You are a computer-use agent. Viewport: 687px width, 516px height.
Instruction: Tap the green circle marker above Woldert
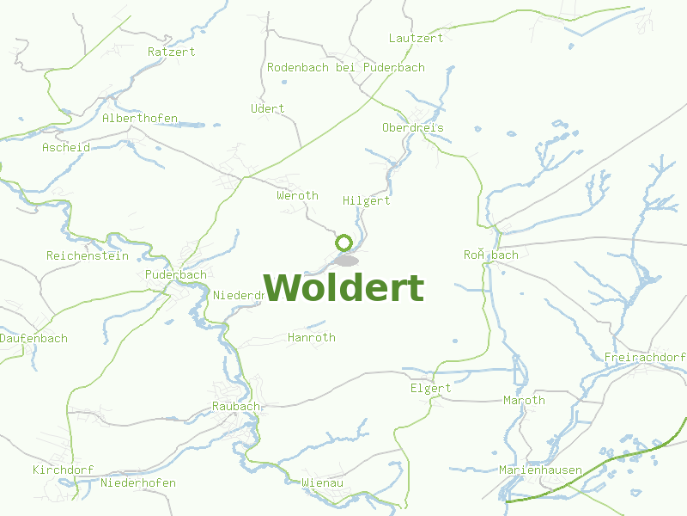pyautogui.click(x=344, y=243)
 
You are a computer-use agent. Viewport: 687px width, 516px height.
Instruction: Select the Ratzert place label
pyautogui.click(x=171, y=52)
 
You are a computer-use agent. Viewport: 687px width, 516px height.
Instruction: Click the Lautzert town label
pyautogui.click(x=416, y=38)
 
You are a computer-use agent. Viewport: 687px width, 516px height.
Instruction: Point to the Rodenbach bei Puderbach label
pyautogui.click(x=345, y=67)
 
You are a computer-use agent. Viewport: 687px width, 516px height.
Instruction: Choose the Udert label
pyautogui.click(x=267, y=108)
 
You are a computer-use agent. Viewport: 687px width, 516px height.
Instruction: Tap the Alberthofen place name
pyautogui.click(x=139, y=118)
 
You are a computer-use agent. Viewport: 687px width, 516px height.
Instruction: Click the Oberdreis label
pyautogui.click(x=413, y=127)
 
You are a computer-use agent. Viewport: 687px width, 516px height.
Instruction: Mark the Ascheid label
pyautogui.click(x=66, y=147)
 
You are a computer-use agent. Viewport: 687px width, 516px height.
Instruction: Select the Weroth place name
pyautogui.click(x=297, y=195)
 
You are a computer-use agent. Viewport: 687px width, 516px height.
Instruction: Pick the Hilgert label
pyautogui.click(x=366, y=200)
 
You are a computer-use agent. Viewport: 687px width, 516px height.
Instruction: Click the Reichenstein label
pyautogui.click(x=87, y=255)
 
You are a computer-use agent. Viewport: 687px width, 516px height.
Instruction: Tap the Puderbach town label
pyautogui.click(x=175, y=274)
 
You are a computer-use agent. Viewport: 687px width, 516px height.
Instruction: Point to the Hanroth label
pyautogui.click(x=312, y=337)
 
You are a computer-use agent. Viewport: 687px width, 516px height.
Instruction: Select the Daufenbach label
pyautogui.click(x=33, y=338)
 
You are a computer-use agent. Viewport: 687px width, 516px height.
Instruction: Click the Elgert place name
pyautogui.click(x=430, y=388)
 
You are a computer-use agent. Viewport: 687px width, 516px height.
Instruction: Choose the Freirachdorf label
pyautogui.click(x=645, y=357)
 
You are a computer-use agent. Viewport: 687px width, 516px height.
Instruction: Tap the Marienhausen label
pyautogui.click(x=540, y=470)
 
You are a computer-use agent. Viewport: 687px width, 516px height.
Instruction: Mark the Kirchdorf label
pyautogui.click(x=63, y=470)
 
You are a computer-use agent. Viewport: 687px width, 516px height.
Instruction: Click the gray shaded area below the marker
pyautogui.click(x=346, y=260)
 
